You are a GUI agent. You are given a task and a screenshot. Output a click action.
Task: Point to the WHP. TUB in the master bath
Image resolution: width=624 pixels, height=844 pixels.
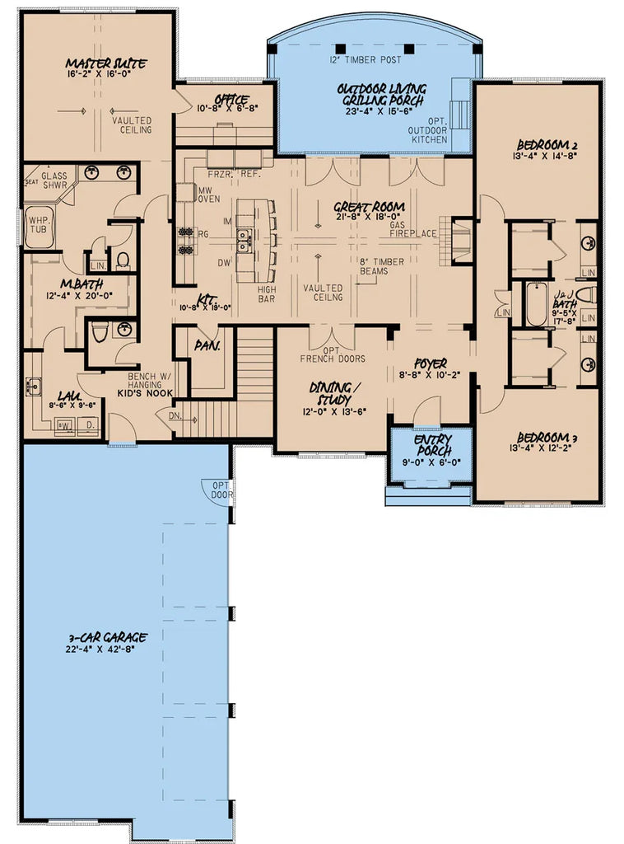click(x=39, y=226)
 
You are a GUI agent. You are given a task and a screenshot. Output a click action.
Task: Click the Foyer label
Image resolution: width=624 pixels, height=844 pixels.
click(x=431, y=363)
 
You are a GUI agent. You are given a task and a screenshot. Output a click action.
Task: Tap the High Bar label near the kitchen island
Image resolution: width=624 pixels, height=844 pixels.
click(x=267, y=294)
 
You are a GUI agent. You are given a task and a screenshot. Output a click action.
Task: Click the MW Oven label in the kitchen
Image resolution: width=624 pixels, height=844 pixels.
click(x=206, y=195)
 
